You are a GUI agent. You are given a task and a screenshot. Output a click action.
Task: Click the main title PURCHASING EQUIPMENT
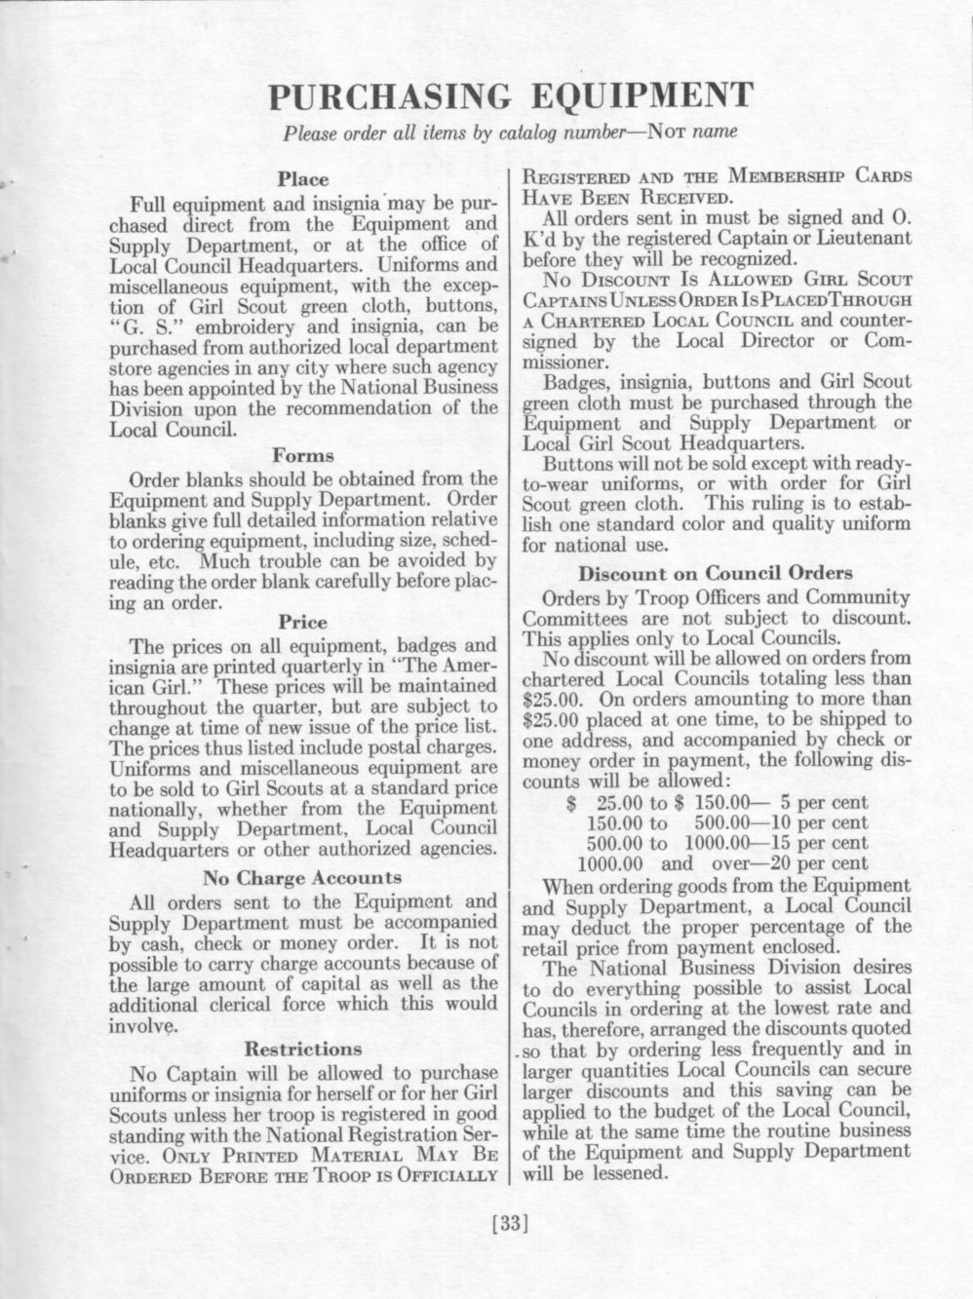pyautogui.click(x=510, y=96)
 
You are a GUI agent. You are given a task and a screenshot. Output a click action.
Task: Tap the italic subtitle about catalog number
pyautogui.click(x=510, y=132)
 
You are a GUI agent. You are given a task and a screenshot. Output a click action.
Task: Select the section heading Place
pyautogui.click(x=303, y=179)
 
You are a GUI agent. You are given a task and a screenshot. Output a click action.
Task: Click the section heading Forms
pyautogui.click(x=303, y=455)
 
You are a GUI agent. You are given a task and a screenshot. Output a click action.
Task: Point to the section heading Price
pyautogui.click(x=303, y=621)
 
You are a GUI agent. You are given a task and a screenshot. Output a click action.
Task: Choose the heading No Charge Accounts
pyautogui.click(x=303, y=877)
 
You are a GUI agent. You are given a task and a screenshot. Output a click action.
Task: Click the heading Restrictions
pyautogui.click(x=303, y=1049)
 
